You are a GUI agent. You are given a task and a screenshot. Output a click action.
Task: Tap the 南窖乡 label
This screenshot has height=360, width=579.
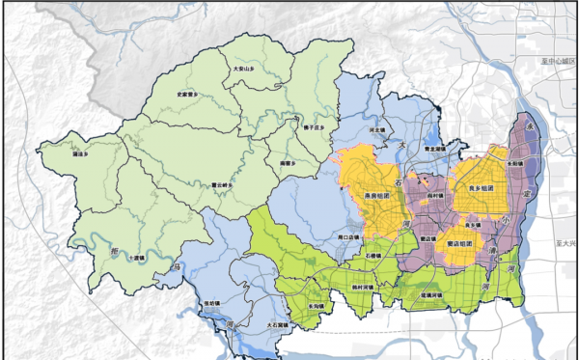coord(284,163)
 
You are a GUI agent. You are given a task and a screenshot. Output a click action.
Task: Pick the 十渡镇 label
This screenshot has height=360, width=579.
coord(136,258)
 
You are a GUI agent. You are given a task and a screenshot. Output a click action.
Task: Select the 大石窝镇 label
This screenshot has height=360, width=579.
coord(277,326)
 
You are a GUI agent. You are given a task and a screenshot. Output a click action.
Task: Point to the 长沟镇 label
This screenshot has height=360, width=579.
coord(316,306)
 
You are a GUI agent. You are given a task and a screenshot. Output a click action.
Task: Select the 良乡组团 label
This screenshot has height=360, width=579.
coord(481,187)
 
